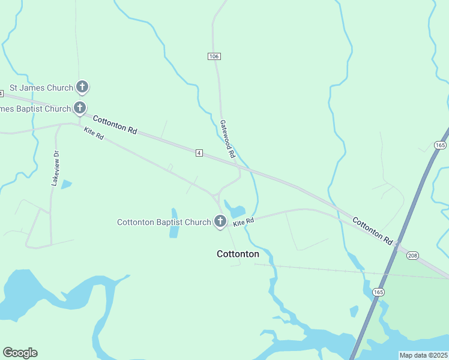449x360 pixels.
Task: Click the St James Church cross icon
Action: pos(83,88)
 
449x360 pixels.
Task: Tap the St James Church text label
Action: pos(41,88)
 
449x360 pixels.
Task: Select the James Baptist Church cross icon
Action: pos(80,109)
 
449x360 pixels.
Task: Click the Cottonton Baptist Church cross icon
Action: pos(220,222)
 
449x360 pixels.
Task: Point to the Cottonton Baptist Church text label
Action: pos(164,222)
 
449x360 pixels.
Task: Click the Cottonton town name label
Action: pos(238,254)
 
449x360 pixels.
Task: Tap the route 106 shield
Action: pos(214,56)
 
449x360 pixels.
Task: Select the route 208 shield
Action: pos(412,256)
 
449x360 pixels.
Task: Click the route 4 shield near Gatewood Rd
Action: pos(199,154)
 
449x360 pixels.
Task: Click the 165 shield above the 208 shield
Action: pos(441,146)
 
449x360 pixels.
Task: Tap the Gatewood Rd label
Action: pos(228,139)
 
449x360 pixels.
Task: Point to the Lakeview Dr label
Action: pos(56,169)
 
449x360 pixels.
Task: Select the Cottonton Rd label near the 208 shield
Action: pos(372,230)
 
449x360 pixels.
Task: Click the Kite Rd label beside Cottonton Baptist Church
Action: pos(244,222)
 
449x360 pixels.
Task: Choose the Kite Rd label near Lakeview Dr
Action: pos(94,134)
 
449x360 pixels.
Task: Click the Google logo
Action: pos(20,353)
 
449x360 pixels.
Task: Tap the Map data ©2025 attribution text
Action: pos(424,355)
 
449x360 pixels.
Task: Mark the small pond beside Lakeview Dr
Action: pos(66,184)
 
